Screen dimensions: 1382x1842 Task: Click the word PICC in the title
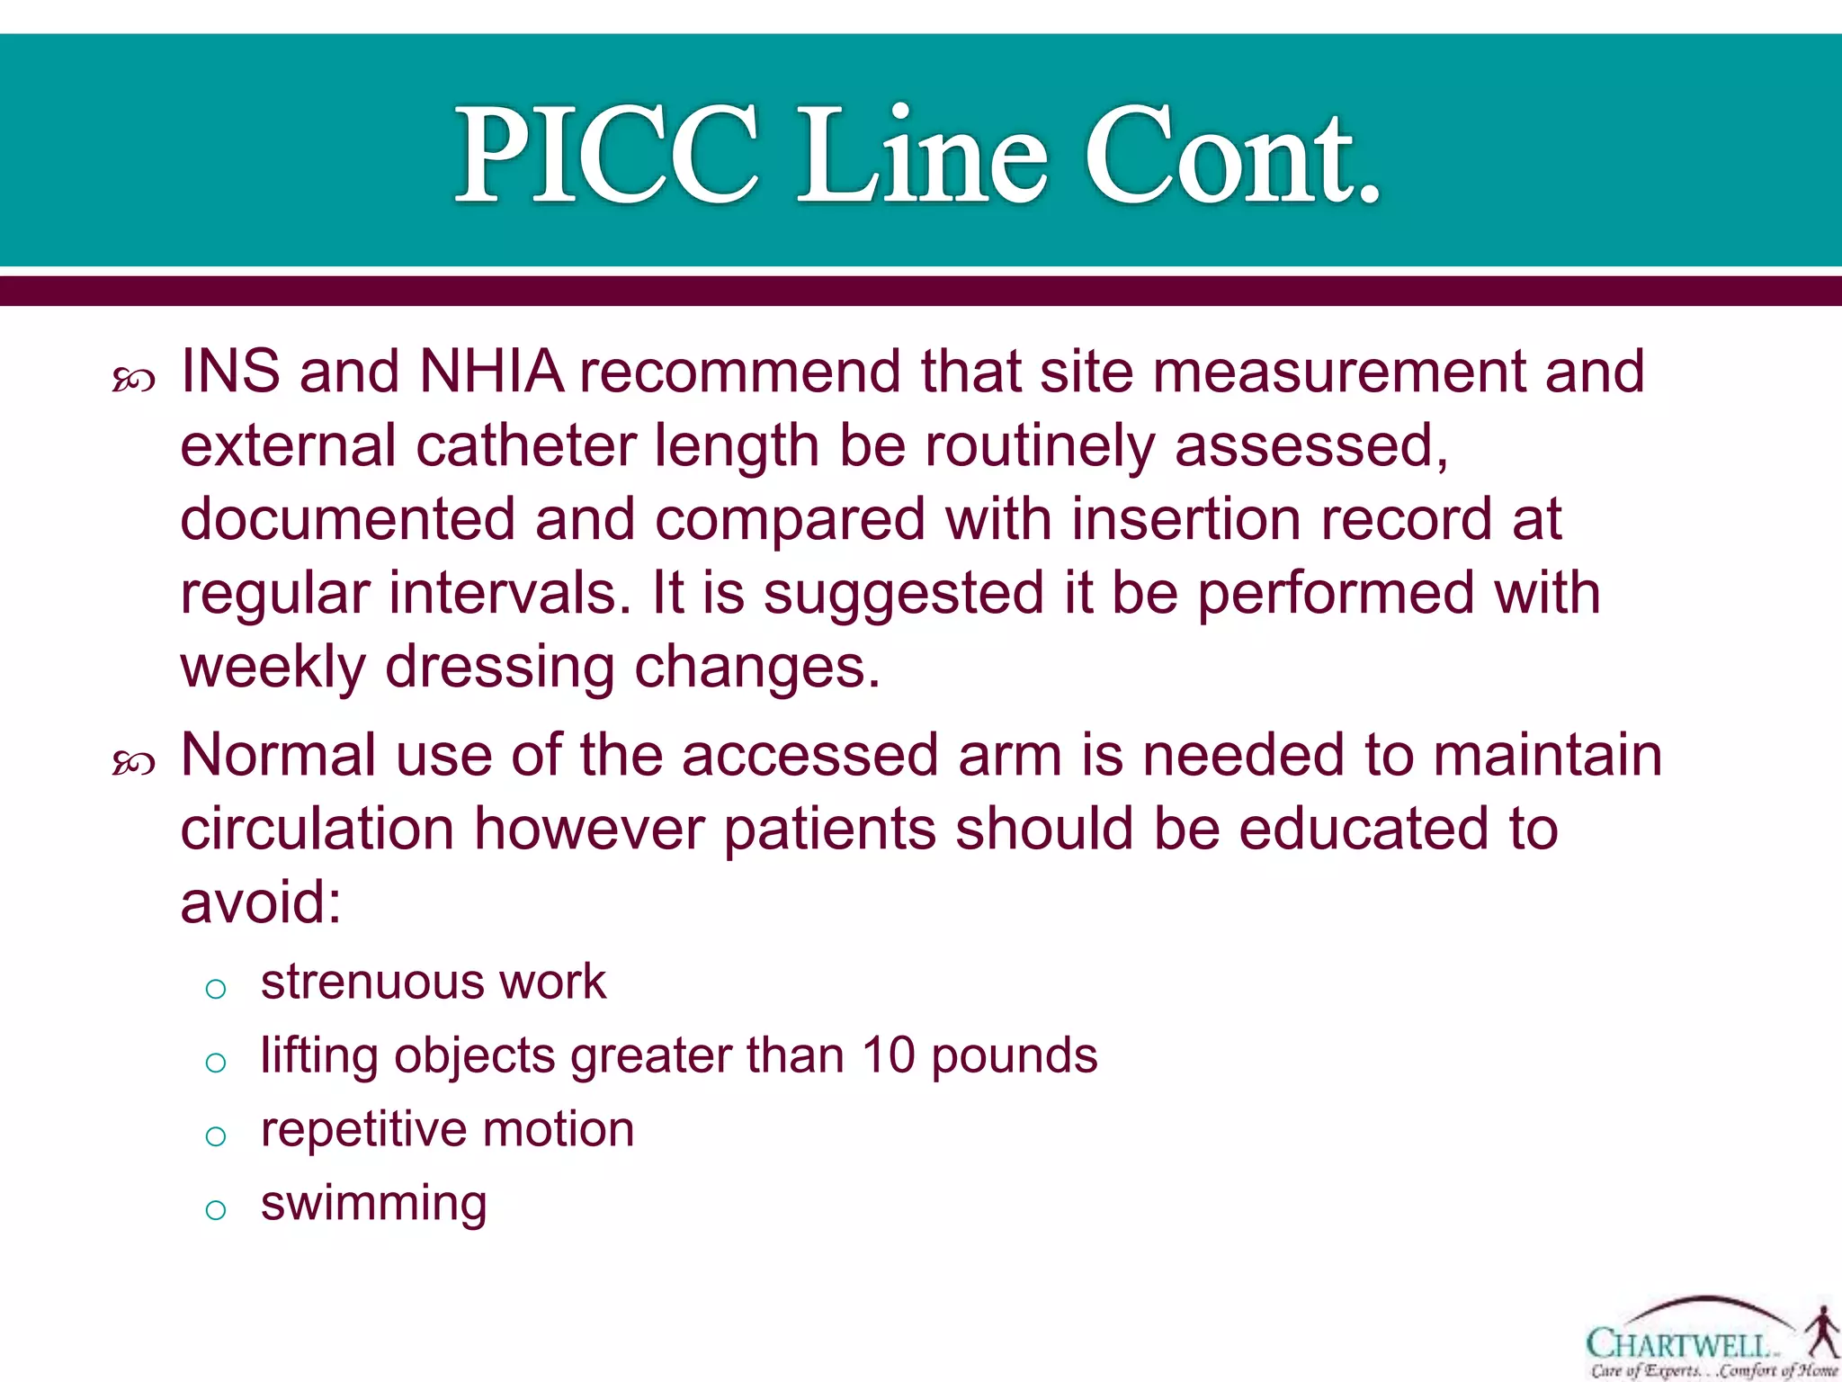pyautogui.click(x=608, y=155)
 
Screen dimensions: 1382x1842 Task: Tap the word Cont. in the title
pyautogui.click(x=1232, y=155)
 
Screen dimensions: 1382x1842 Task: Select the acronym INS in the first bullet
pyautogui.click(x=230, y=372)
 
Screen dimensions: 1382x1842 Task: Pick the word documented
pyautogui.click(x=347, y=519)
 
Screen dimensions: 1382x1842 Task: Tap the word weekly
pyautogui.click(x=273, y=669)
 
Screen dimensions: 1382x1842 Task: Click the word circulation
pyautogui.click(x=317, y=829)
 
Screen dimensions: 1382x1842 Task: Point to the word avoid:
pyautogui.click(x=261, y=902)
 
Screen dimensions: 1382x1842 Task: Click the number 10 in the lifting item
pyautogui.click(x=888, y=1054)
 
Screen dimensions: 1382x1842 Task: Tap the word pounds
pyautogui.click(x=1014, y=1056)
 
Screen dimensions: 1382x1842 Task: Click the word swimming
pyautogui.click(x=373, y=1204)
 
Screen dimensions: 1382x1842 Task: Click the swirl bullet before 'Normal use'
pyautogui.click(x=134, y=764)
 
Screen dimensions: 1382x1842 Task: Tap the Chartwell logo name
pyautogui.click(x=1678, y=1344)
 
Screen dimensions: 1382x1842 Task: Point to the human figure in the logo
pyautogui.click(x=1822, y=1333)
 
